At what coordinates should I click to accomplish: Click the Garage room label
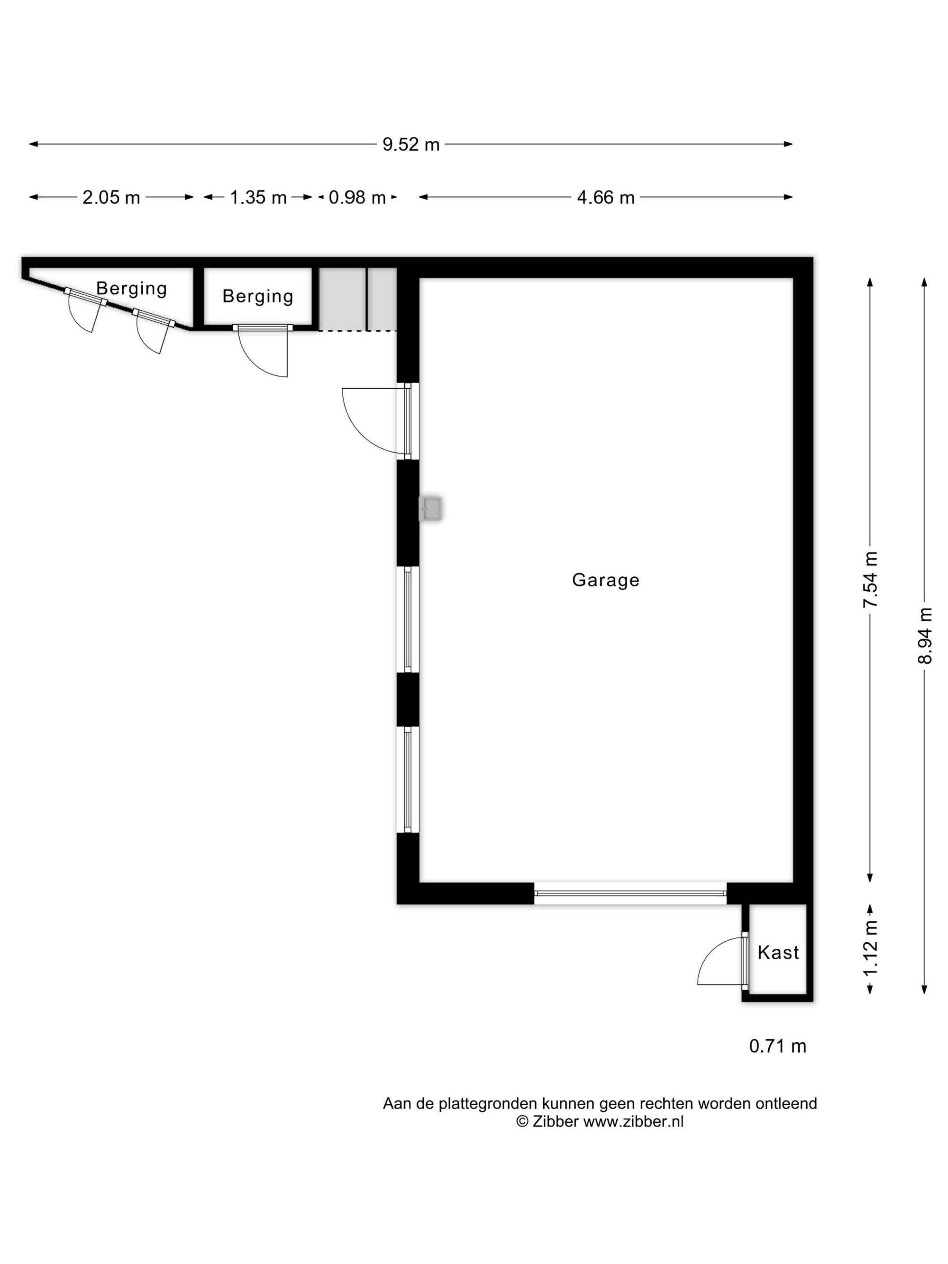605,581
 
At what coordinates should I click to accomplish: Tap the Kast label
778,953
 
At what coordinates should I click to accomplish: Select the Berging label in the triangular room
131,289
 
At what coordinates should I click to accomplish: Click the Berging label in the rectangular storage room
258,296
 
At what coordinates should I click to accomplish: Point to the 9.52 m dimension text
411,145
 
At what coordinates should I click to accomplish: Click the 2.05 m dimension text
111,198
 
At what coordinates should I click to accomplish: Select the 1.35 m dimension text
258,198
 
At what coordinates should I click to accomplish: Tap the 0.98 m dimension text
357,198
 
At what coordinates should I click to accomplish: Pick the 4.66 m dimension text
606,198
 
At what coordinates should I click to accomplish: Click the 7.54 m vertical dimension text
870,580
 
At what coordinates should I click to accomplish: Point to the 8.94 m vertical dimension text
925,636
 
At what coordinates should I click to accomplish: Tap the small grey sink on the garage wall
430,509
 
